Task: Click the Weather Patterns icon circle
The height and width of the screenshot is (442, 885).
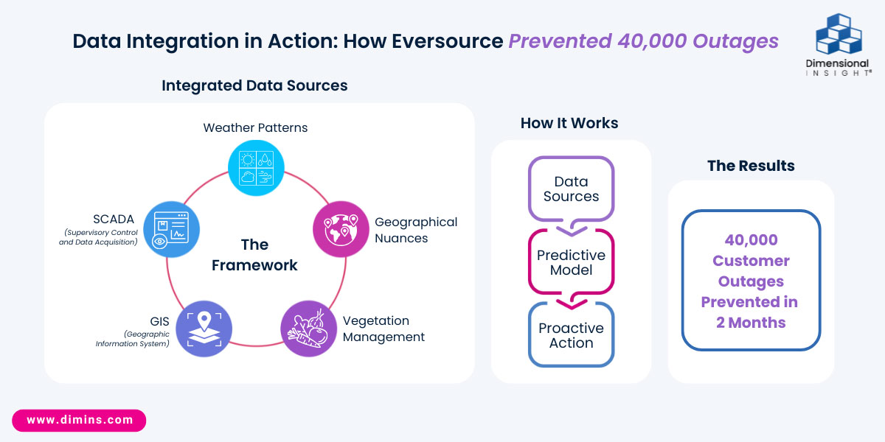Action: (x=256, y=168)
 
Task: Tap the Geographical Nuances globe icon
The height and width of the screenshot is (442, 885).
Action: (x=340, y=229)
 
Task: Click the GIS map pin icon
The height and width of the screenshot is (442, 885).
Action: (x=204, y=329)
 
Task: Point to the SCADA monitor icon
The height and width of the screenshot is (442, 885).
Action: (x=172, y=229)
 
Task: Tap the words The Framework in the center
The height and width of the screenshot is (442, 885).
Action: (x=254, y=255)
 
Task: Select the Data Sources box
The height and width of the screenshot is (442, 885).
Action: (x=571, y=189)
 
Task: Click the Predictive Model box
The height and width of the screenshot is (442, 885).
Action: (x=571, y=262)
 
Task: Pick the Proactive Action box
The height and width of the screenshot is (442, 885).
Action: (x=571, y=335)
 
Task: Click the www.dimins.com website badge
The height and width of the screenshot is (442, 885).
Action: (x=80, y=420)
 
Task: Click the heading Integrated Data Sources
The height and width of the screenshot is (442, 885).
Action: (x=254, y=85)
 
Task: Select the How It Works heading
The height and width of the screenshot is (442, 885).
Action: (x=569, y=123)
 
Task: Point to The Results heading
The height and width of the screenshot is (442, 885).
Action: (x=751, y=166)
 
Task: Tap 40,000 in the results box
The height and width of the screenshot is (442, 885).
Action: (x=751, y=240)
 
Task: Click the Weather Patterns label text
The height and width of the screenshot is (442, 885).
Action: (x=255, y=127)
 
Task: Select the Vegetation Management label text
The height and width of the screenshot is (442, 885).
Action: (x=383, y=329)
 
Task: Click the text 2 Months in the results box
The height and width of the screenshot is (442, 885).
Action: (x=751, y=323)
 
